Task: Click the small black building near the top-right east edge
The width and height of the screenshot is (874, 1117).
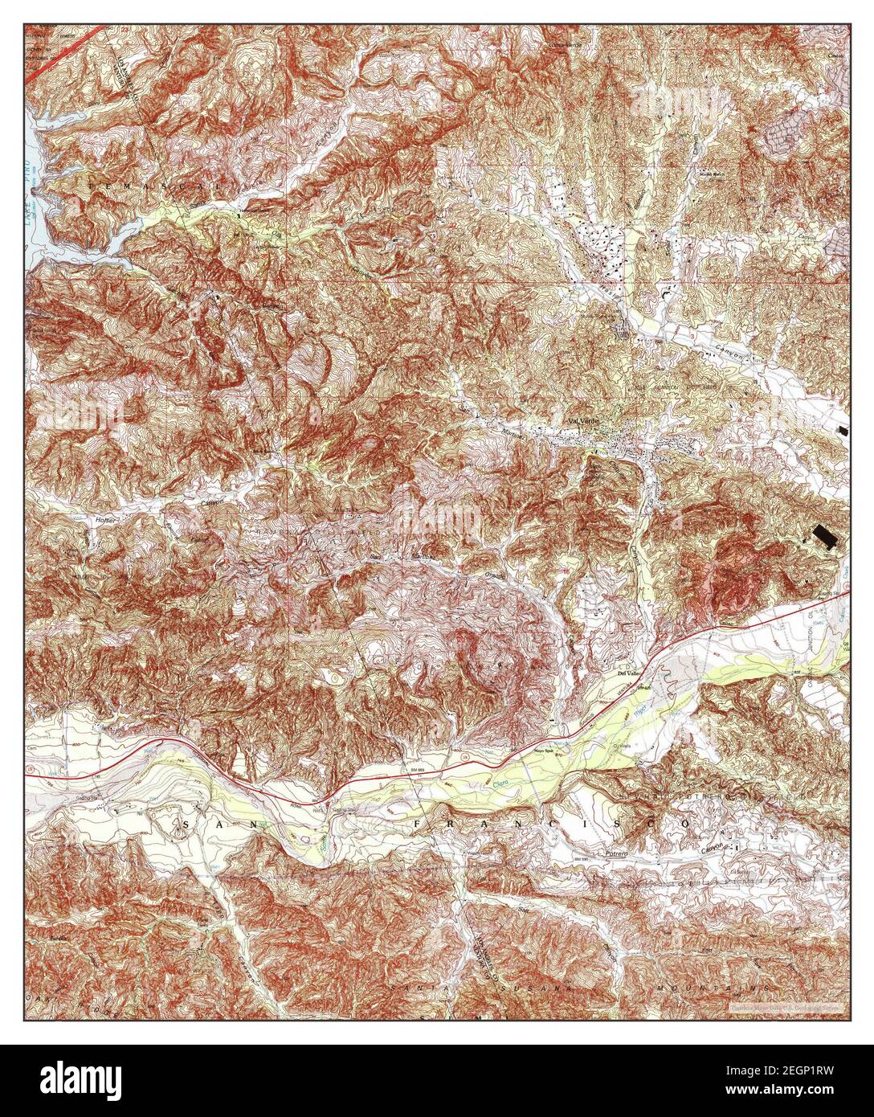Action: click(x=841, y=430)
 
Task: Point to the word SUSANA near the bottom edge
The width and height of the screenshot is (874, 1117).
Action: click(x=522, y=986)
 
